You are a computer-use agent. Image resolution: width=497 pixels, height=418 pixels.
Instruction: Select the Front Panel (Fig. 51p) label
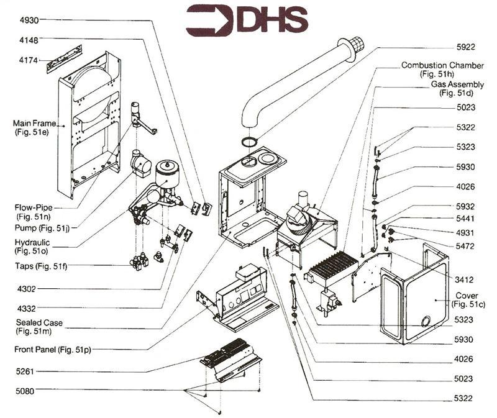[53, 350]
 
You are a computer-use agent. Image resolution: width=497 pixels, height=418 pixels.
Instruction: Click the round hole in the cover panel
[426, 321]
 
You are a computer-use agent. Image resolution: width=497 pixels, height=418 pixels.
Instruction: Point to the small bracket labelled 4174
[65, 57]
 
